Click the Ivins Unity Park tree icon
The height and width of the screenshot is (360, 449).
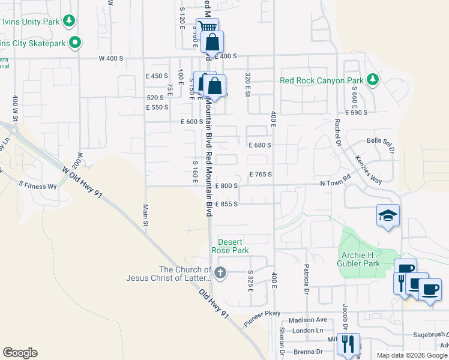(x=70, y=22)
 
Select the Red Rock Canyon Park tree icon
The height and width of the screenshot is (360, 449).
(x=373, y=80)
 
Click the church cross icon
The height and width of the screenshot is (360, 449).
(x=220, y=274)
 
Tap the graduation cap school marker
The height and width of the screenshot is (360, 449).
(x=388, y=215)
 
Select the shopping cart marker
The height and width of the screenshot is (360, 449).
(x=207, y=28)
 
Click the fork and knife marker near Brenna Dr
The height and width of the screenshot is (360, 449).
(x=347, y=343)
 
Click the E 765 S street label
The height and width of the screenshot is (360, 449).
(x=261, y=175)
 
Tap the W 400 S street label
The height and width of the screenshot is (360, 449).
(x=111, y=58)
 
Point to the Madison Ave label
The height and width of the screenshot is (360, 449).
(x=307, y=320)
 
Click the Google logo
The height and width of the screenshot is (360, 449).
(x=20, y=353)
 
